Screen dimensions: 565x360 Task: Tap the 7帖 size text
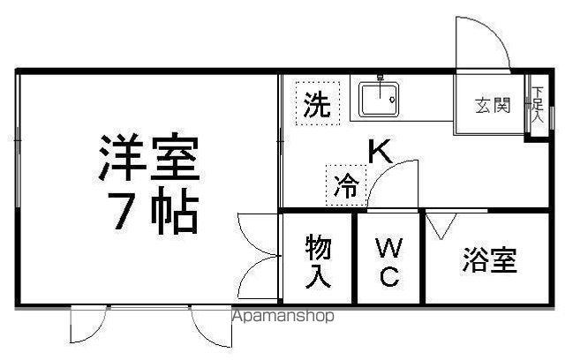click(156, 211)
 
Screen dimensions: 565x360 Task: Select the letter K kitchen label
click(380, 151)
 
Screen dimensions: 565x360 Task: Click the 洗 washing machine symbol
click(318, 104)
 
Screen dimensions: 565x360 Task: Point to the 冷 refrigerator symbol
click(346, 185)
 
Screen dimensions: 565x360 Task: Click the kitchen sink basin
click(379, 99)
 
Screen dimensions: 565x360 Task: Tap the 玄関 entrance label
click(493, 106)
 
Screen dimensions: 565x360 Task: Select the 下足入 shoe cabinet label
click(538, 104)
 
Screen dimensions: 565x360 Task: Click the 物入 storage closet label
click(318, 261)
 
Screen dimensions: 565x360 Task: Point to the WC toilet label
click(388, 262)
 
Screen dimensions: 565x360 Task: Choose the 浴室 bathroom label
click(490, 259)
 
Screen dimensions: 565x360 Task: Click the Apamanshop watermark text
click(283, 316)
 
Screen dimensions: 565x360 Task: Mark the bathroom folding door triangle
click(441, 226)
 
